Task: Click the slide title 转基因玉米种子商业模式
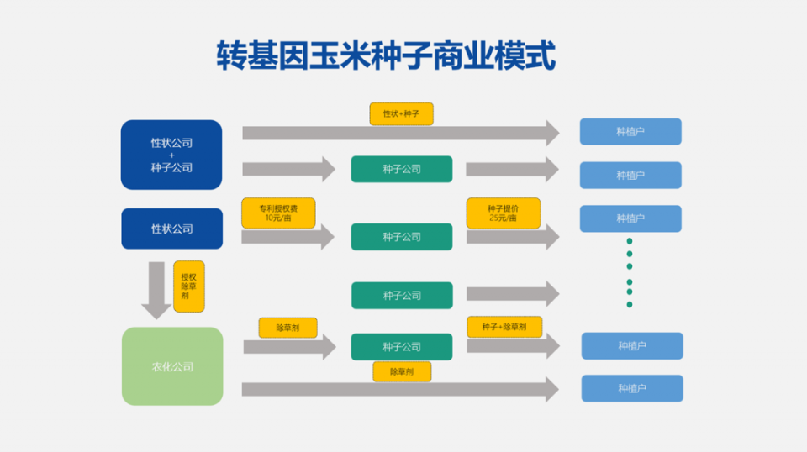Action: pos(386,57)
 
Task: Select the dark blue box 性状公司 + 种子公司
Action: pos(171,155)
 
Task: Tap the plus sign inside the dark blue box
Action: pos(171,155)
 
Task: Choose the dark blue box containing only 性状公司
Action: pos(171,229)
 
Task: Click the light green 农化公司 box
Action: pos(172,366)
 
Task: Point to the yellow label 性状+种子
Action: pos(401,113)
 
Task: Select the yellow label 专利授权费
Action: pos(277,207)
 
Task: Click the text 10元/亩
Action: pos(277,218)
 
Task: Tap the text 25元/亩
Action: pos(503,218)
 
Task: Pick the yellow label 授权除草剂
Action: pos(188,286)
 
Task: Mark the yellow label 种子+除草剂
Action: pos(504,327)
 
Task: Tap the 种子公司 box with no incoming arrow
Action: pos(401,295)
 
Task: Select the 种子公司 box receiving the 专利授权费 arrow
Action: pos(401,237)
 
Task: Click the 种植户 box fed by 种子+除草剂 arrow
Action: pos(631,345)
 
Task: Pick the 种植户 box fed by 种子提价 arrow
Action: pos(630,218)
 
